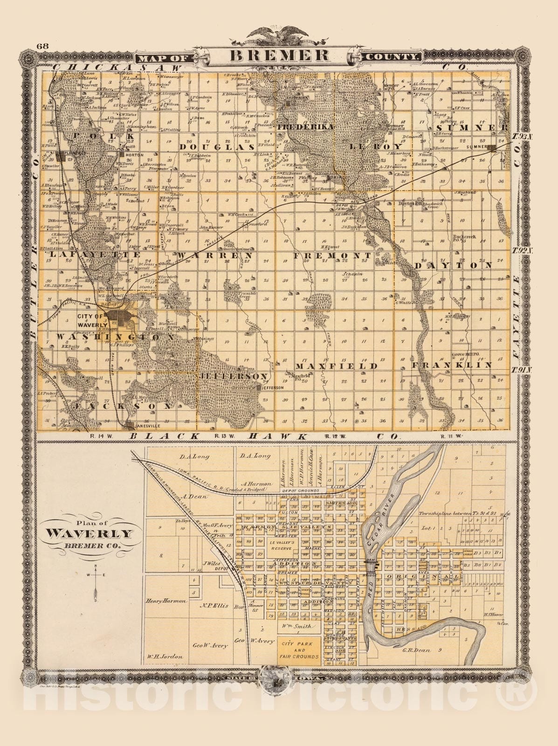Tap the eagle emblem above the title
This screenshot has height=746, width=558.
click(x=279, y=36)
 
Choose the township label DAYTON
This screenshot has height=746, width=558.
click(x=453, y=264)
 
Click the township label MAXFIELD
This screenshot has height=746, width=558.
click(x=336, y=366)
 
